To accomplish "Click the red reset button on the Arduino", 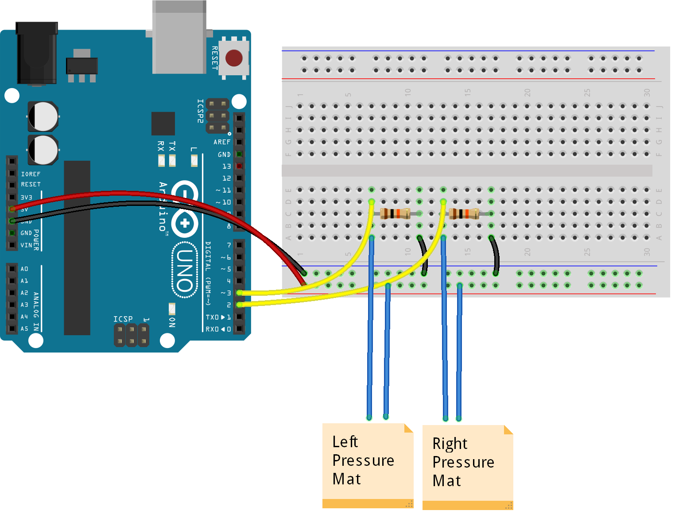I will coord(234,58).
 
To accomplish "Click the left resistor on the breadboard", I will coord(395,213).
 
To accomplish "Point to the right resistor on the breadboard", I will coord(464,214).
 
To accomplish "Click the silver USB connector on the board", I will coord(179,38).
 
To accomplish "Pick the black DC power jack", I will coord(36,53).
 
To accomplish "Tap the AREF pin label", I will coord(222,142).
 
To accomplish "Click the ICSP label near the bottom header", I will coord(123,319).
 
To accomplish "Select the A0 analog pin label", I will coord(24,269).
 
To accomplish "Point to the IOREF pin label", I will coord(31,174).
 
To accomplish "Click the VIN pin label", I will coord(26,245).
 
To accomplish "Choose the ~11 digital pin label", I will coord(224,190).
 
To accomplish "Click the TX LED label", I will coord(172,146).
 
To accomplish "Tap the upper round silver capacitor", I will coord(43,116).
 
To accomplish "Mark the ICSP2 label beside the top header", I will coord(200,111).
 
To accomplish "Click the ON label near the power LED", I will coord(172,322).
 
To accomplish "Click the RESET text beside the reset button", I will coord(215,58).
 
